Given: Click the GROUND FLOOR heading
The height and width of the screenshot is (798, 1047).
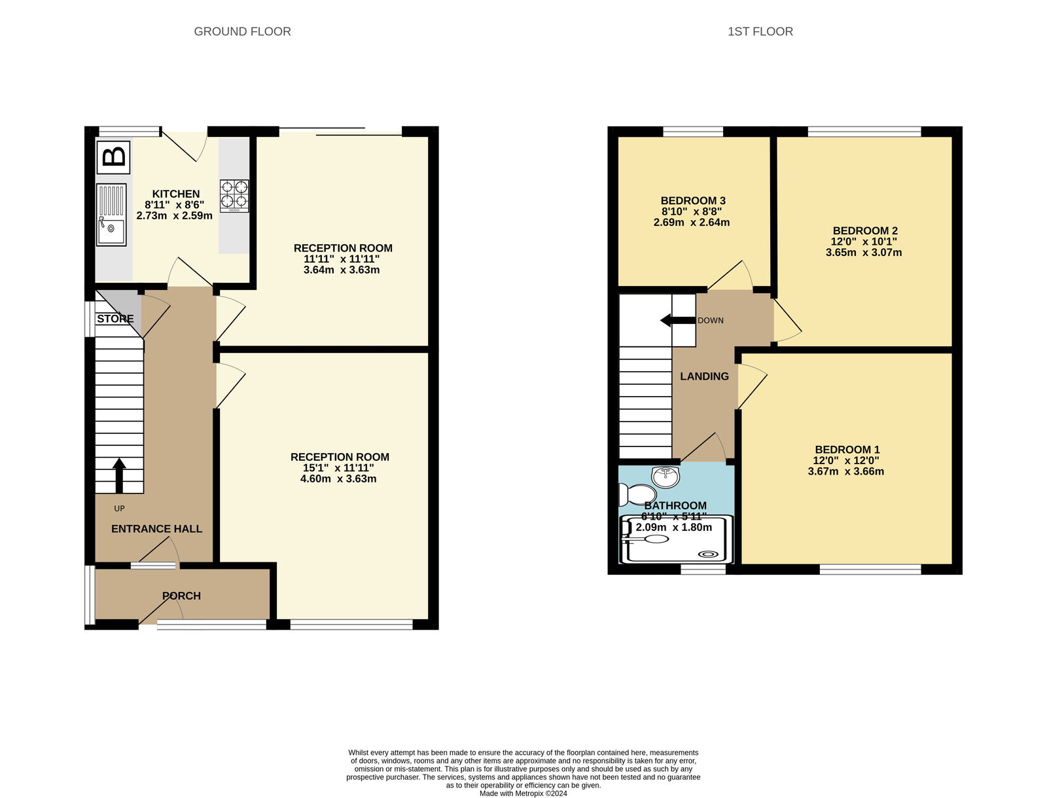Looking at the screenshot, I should [242, 31].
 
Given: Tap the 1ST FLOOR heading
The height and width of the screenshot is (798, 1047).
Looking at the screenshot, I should [760, 31].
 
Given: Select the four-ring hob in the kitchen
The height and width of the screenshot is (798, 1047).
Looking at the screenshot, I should [234, 196].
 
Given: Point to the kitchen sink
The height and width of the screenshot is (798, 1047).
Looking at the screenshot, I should [111, 215].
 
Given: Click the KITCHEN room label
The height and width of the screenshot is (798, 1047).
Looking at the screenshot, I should [175, 194].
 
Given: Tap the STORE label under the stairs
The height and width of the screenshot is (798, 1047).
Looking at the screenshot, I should [115, 319].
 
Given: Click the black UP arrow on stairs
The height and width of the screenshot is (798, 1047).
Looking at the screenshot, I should [119, 475].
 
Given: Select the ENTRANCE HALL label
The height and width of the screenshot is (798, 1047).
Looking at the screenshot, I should [156, 529].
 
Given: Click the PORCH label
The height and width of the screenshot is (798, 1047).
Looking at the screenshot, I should [181, 596].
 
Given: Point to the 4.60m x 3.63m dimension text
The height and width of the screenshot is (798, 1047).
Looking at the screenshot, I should [338, 479].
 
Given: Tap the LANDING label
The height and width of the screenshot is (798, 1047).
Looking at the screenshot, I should [704, 376].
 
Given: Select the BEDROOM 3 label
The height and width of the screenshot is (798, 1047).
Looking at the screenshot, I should [692, 201].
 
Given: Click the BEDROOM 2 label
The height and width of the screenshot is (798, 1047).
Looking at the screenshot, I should [864, 230].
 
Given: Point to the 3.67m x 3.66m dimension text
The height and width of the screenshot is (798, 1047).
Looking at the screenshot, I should [845, 471].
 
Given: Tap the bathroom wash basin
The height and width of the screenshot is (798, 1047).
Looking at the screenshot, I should [665, 476].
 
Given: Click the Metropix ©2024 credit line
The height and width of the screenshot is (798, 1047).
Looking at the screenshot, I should [523, 793].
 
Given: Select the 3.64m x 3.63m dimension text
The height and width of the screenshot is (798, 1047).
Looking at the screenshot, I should [341, 270].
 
